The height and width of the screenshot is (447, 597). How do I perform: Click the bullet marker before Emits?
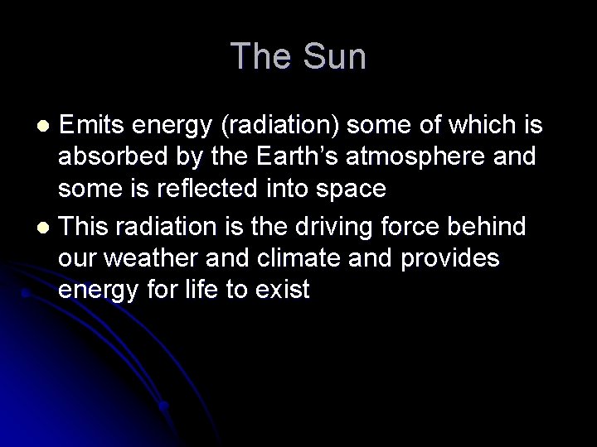(47, 125)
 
